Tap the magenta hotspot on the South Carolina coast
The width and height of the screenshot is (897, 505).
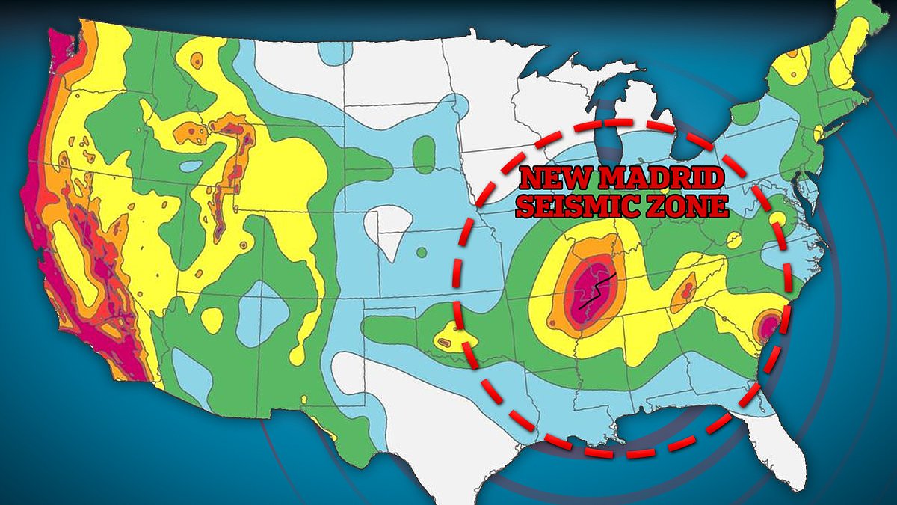(768, 325)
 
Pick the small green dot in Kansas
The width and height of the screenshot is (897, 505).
(421, 251)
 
